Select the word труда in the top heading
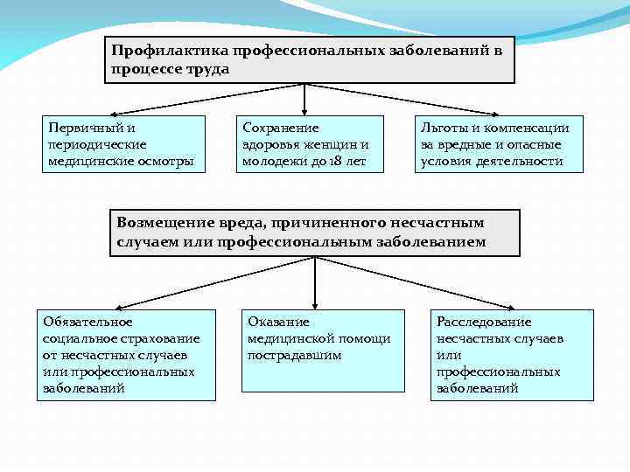206,68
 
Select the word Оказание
278,322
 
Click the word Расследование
484,322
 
